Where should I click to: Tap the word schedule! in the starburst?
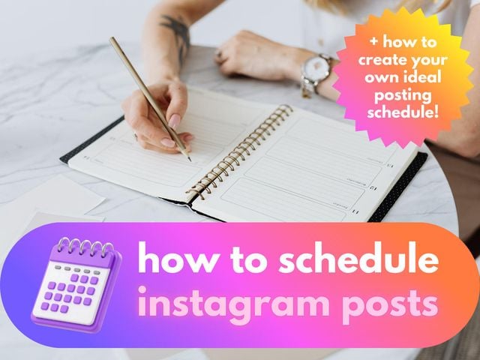404,112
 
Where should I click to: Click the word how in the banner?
166,261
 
